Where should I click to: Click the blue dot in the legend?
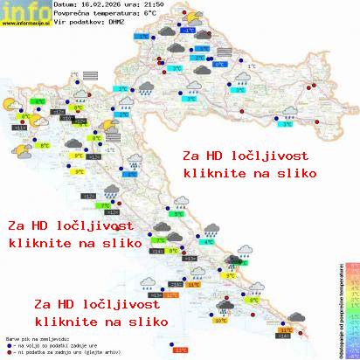coord(8,343)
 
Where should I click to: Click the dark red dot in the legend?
coord(8,350)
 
